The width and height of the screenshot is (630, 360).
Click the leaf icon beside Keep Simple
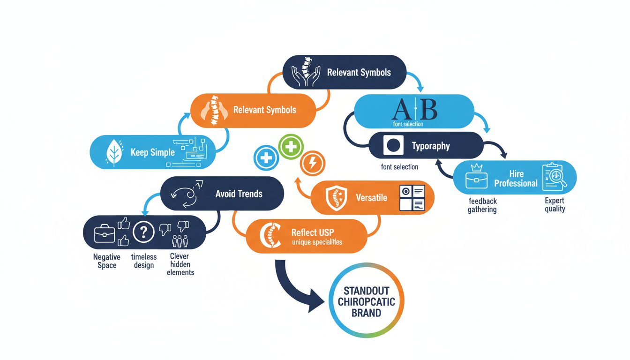coord(114,152)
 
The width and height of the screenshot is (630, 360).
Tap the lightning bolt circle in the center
coord(311,163)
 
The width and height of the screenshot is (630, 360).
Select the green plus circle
coord(291,147)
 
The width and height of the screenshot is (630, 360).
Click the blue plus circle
coord(266,157)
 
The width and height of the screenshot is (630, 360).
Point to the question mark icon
coord(143,232)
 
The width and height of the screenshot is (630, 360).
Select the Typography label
coord(430,146)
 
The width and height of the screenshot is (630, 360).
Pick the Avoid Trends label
coord(239,194)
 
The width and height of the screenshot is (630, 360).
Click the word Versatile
coord(371,197)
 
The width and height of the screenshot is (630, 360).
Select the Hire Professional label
coord(516,179)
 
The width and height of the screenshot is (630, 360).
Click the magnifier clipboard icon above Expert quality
coord(554,177)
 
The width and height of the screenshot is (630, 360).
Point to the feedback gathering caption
coord(482,205)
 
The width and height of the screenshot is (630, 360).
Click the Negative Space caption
coord(106,261)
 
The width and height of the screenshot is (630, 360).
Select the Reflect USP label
coord(312,232)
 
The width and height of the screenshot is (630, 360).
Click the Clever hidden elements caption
coord(180,264)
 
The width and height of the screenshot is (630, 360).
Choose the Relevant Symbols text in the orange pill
coord(264,110)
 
